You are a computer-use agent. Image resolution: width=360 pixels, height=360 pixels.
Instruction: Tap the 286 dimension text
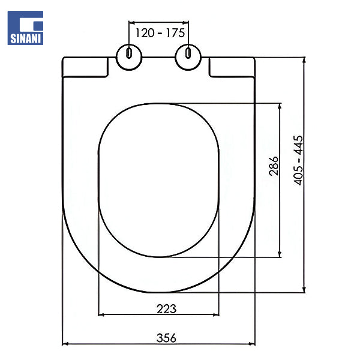click(x=274, y=166)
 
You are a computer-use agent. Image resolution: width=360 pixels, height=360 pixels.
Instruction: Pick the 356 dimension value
click(x=166, y=338)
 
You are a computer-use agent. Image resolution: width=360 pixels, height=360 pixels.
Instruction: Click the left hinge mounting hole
click(x=128, y=55)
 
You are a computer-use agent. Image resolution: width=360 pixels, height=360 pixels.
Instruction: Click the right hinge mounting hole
click(x=188, y=55)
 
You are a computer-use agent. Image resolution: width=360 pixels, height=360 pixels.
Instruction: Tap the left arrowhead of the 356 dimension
click(x=66, y=344)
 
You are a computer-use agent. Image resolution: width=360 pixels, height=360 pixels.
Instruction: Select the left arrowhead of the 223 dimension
click(x=101, y=314)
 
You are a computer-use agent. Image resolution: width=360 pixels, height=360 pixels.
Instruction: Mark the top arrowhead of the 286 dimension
click(x=280, y=106)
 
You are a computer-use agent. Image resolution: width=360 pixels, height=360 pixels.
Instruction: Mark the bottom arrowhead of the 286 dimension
click(x=280, y=254)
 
